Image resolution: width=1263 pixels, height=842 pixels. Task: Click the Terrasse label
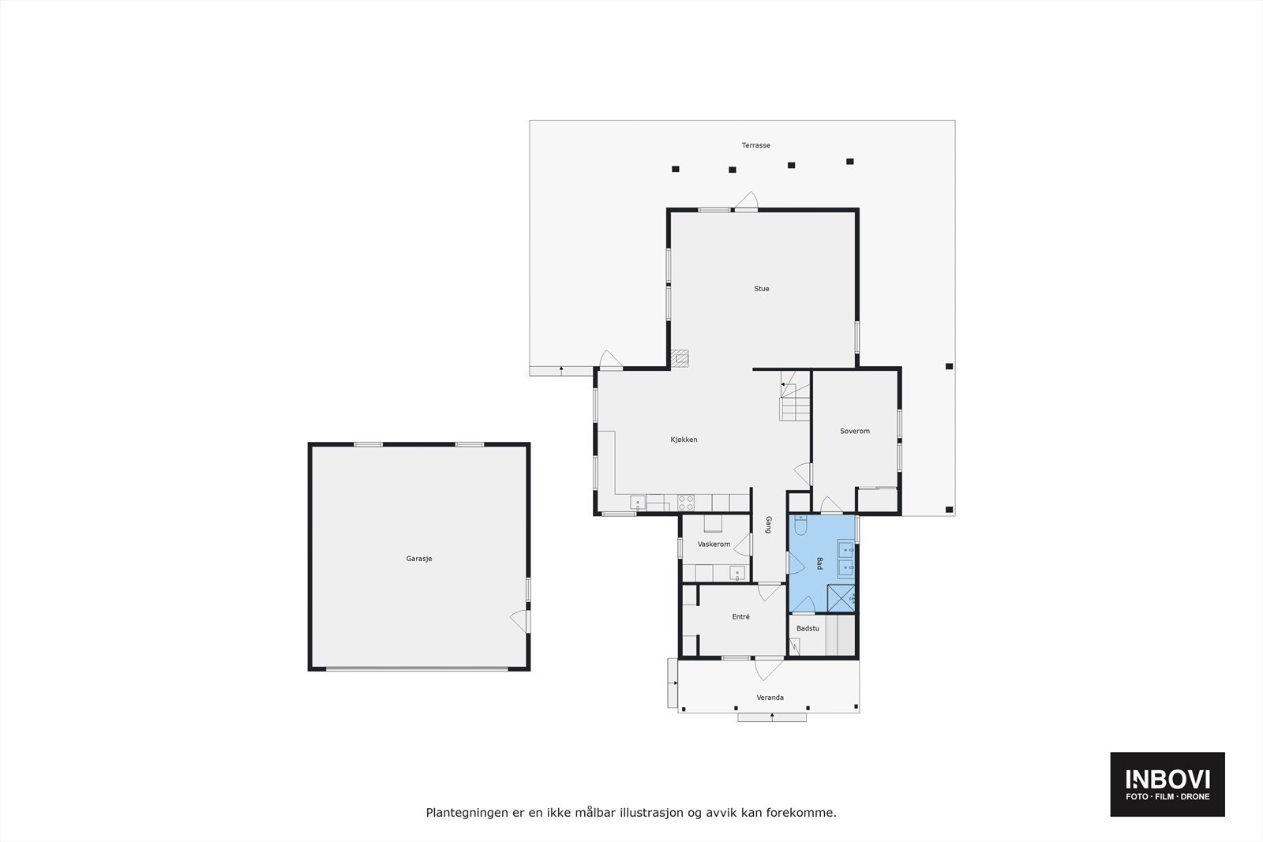point(755,145)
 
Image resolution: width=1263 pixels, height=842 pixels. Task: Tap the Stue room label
point(761,289)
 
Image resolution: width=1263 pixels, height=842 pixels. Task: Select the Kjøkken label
point(684,440)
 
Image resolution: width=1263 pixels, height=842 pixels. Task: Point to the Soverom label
point(854,431)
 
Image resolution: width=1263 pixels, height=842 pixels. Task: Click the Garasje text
point(419,559)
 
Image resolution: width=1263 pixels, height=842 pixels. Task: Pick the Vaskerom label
point(714,544)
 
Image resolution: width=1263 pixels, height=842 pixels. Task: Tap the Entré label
point(740,617)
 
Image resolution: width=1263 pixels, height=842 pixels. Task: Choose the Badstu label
point(808,629)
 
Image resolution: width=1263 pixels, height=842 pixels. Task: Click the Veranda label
point(770,698)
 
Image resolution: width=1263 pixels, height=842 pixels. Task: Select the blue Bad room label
point(819,563)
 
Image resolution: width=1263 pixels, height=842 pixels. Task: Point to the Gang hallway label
point(768,525)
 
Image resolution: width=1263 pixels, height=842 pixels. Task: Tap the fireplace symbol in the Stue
point(680,357)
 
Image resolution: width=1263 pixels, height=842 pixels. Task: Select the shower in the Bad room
point(841,598)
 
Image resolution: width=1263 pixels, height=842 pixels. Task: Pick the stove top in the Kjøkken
point(685,502)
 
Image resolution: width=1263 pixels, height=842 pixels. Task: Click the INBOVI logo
point(1167,784)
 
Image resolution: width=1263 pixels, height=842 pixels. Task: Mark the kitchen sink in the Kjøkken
point(638,502)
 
